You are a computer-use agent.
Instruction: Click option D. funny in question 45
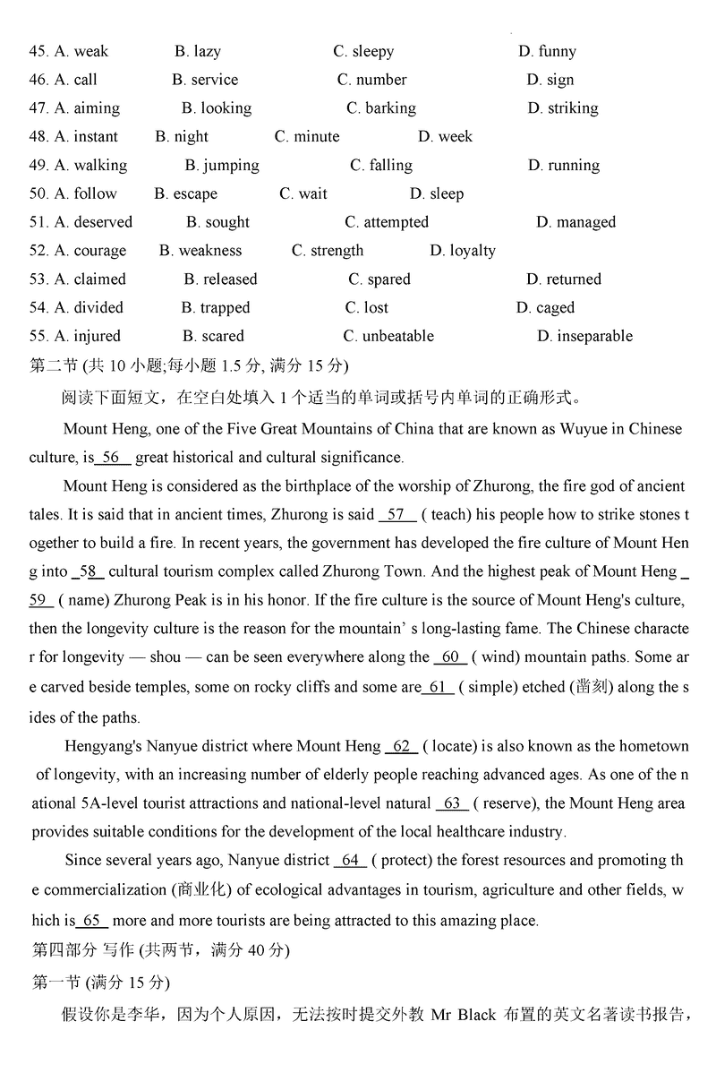tap(547, 51)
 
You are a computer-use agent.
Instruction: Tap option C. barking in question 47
tap(381, 108)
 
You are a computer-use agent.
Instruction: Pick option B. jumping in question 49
tap(222, 166)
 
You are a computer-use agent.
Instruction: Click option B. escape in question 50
tap(185, 194)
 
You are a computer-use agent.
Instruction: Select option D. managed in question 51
tap(575, 222)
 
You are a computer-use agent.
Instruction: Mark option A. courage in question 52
tap(90, 251)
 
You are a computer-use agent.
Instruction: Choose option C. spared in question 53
tap(379, 279)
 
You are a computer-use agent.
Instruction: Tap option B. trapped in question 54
tap(216, 308)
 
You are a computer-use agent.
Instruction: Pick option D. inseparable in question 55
tap(584, 337)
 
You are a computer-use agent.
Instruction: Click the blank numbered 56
tap(111, 458)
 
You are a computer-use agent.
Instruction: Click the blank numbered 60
tap(451, 657)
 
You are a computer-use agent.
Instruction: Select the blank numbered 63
tap(451, 803)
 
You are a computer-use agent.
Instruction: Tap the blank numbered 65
tap(93, 920)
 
